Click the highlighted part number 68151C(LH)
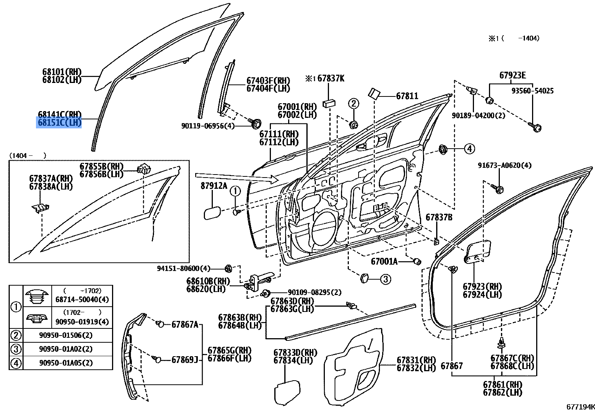point(59,123)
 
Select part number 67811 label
point(407,96)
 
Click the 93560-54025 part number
point(532,91)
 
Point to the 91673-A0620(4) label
point(504,165)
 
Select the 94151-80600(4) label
point(184,268)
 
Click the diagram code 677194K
point(580,406)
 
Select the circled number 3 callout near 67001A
point(385,279)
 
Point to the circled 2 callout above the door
point(354,103)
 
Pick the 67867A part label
point(185,325)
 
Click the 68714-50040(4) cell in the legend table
point(82,300)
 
